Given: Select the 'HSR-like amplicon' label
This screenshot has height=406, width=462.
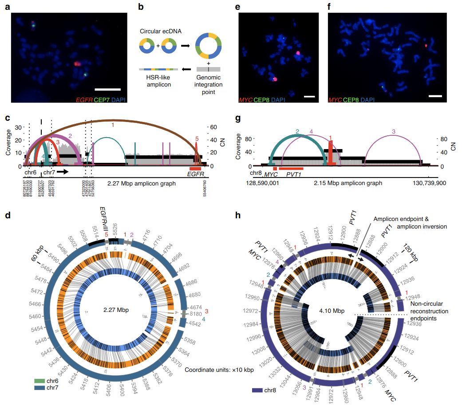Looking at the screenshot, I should (x=158, y=81).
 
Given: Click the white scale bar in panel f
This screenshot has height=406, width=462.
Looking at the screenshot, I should (x=435, y=95).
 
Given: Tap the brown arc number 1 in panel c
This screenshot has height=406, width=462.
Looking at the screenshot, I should (x=113, y=125).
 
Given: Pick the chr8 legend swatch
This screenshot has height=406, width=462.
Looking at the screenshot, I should (x=259, y=390).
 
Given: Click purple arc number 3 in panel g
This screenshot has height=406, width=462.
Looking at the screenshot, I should (x=394, y=132).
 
